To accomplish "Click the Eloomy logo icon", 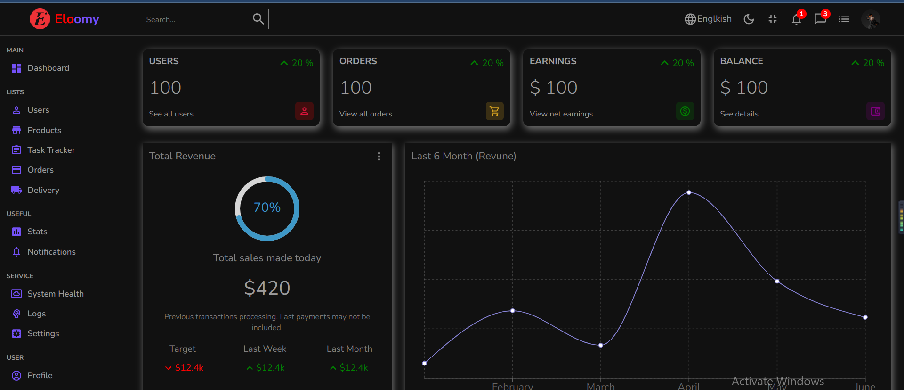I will [x=40, y=19].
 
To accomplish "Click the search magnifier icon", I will [x=258, y=19].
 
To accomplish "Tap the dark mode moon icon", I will [x=749, y=19].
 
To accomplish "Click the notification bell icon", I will [x=796, y=19].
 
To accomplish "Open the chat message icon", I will [x=820, y=19].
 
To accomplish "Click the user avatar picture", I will [x=871, y=19].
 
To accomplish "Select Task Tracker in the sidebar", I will [x=51, y=150].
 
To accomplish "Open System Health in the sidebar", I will [x=55, y=294].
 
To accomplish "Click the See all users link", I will [x=171, y=114].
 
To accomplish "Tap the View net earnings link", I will [x=561, y=114].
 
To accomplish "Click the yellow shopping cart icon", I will [x=494, y=111].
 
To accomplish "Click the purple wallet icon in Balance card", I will [x=875, y=111].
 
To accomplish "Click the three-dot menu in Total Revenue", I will [x=379, y=157].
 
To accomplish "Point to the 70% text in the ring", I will [x=267, y=207].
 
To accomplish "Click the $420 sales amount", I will [x=267, y=288].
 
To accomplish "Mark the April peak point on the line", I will [x=689, y=192].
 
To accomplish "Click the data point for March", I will [x=601, y=345].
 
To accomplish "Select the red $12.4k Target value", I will [x=189, y=368].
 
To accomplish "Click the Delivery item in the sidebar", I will [x=43, y=190].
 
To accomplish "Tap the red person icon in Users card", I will [x=304, y=111].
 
